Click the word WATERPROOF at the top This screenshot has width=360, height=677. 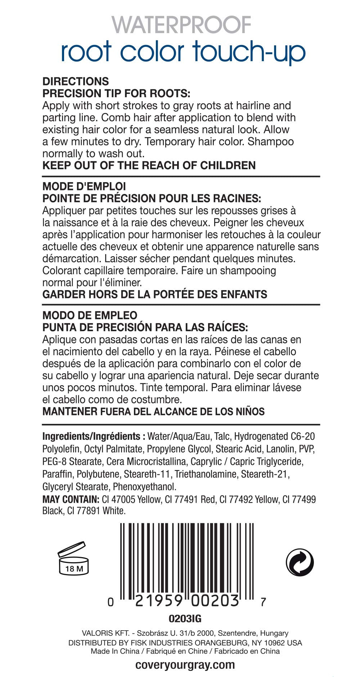click(181, 25)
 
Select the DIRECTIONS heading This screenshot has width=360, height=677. click(76, 81)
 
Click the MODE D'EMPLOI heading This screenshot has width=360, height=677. click(84, 186)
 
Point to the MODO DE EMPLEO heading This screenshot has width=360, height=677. click(90, 315)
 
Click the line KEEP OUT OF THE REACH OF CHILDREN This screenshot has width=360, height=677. click(149, 166)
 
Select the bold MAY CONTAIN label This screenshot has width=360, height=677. click(71, 499)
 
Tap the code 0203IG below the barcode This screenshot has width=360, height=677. click(185, 619)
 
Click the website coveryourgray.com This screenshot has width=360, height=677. click(185, 665)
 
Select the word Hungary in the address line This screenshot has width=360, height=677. click(274, 633)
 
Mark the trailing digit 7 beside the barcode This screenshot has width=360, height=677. click(263, 602)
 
